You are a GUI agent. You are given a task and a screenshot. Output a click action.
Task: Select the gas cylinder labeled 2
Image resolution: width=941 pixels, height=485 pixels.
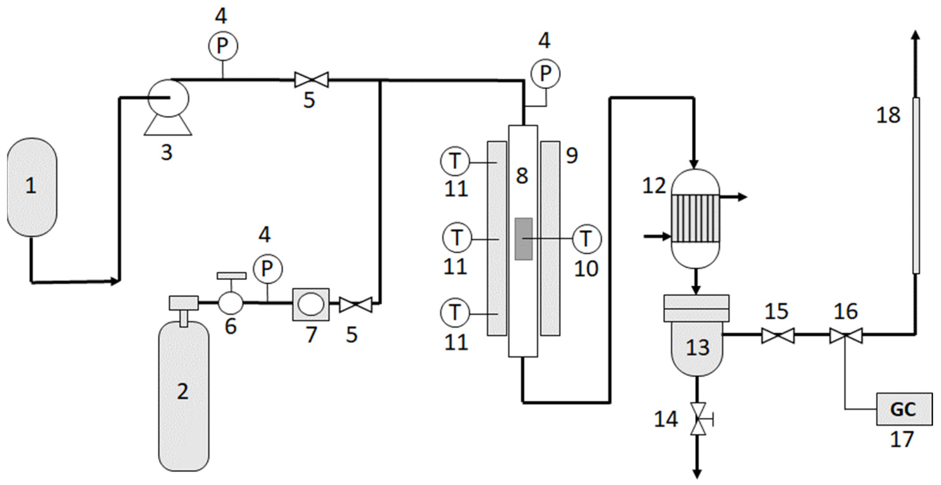[x=183, y=395]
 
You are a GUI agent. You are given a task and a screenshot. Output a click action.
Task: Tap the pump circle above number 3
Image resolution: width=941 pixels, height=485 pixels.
[x=169, y=98]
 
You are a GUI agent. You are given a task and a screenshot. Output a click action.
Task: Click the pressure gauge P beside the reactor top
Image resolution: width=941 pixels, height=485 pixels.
[x=545, y=74]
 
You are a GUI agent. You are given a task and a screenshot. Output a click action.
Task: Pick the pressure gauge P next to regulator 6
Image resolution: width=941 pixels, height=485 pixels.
[x=267, y=269]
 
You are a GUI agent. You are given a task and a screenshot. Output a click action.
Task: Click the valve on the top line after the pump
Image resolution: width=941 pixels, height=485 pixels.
[x=312, y=80]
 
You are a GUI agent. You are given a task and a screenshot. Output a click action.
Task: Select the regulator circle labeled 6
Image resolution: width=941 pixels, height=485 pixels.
[x=230, y=302]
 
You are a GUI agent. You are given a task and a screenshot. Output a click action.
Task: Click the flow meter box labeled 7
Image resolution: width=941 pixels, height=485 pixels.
[x=311, y=304]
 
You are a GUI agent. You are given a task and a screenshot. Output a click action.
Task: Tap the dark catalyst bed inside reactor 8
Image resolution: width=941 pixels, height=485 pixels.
[x=523, y=239]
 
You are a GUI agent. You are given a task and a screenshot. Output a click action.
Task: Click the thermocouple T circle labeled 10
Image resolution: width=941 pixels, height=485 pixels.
[x=586, y=239]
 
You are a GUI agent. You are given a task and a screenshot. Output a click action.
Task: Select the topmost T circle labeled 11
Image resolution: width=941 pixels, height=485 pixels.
[x=455, y=161]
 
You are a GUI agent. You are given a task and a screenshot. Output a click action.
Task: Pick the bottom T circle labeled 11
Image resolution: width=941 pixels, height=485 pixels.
[x=455, y=313]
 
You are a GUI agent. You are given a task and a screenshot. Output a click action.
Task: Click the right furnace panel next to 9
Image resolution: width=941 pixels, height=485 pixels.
[x=550, y=238]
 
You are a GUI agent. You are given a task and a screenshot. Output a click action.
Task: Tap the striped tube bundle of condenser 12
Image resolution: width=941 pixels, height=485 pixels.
[x=696, y=218]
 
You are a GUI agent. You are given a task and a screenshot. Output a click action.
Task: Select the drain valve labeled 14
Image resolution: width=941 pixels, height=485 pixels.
[x=698, y=419]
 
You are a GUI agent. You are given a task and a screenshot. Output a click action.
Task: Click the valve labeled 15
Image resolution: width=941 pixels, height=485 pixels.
[x=778, y=336]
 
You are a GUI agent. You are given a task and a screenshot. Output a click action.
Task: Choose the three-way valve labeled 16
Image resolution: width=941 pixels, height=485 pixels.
[x=846, y=336]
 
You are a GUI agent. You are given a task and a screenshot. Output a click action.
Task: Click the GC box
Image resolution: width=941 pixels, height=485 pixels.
[x=904, y=409]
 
